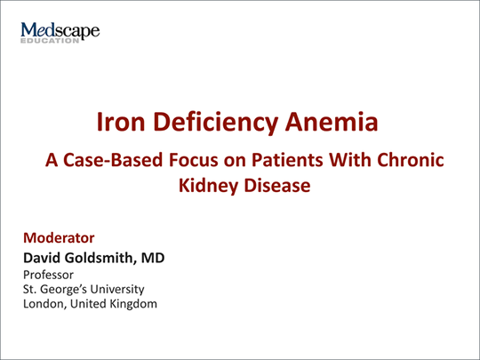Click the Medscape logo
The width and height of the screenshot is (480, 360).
(x=60, y=33)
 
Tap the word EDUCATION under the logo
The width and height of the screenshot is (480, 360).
(x=50, y=41)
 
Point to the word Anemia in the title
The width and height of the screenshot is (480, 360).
(x=332, y=122)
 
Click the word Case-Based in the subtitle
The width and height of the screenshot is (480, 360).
(x=113, y=160)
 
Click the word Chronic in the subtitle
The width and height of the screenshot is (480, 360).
(x=411, y=160)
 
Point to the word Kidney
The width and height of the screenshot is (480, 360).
(x=209, y=186)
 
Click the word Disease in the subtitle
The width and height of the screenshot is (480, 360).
(x=277, y=186)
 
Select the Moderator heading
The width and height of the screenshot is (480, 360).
(x=59, y=238)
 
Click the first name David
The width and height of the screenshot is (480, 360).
(x=42, y=258)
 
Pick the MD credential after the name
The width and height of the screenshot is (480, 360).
(x=153, y=258)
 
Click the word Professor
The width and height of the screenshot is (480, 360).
(x=48, y=275)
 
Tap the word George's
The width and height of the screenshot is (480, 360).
(x=64, y=290)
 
